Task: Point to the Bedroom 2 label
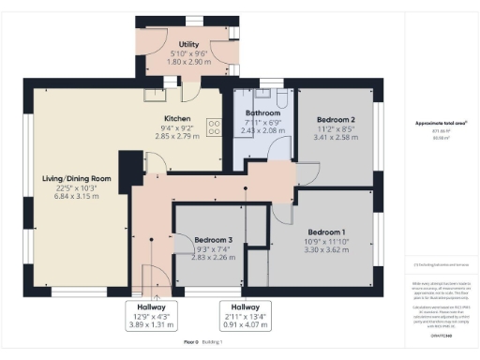click(x=335, y=120)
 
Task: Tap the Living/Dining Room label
click(x=77, y=178)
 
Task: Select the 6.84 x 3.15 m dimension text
click(x=77, y=196)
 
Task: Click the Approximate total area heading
click(x=434, y=124)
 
